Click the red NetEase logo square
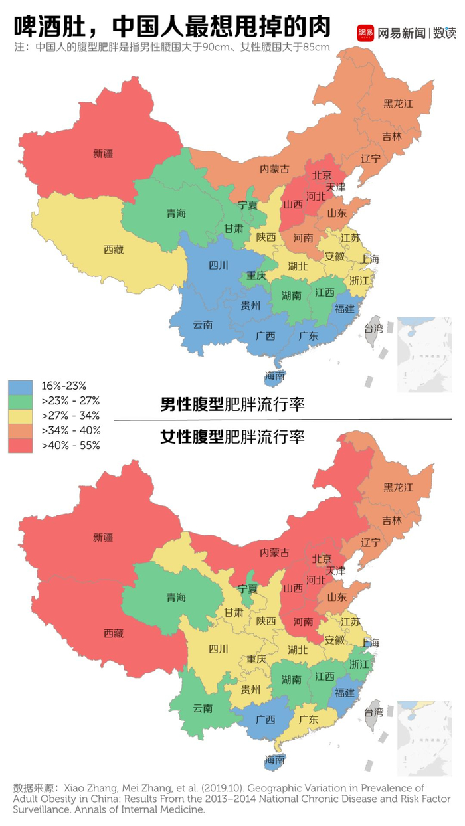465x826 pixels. [365, 31]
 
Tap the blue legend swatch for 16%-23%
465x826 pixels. [20, 386]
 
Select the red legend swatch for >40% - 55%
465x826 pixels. [20, 445]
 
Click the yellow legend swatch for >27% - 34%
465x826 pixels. [20, 416]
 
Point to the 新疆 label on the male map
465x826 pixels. [103, 153]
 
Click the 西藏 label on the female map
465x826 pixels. [113, 633]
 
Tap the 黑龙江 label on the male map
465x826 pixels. [399, 104]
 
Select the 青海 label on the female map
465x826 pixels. [176, 597]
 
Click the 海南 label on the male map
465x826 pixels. [274, 376]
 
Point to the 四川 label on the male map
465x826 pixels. [219, 266]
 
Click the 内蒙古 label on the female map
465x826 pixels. [274, 552]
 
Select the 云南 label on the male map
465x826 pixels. [203, 325]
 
